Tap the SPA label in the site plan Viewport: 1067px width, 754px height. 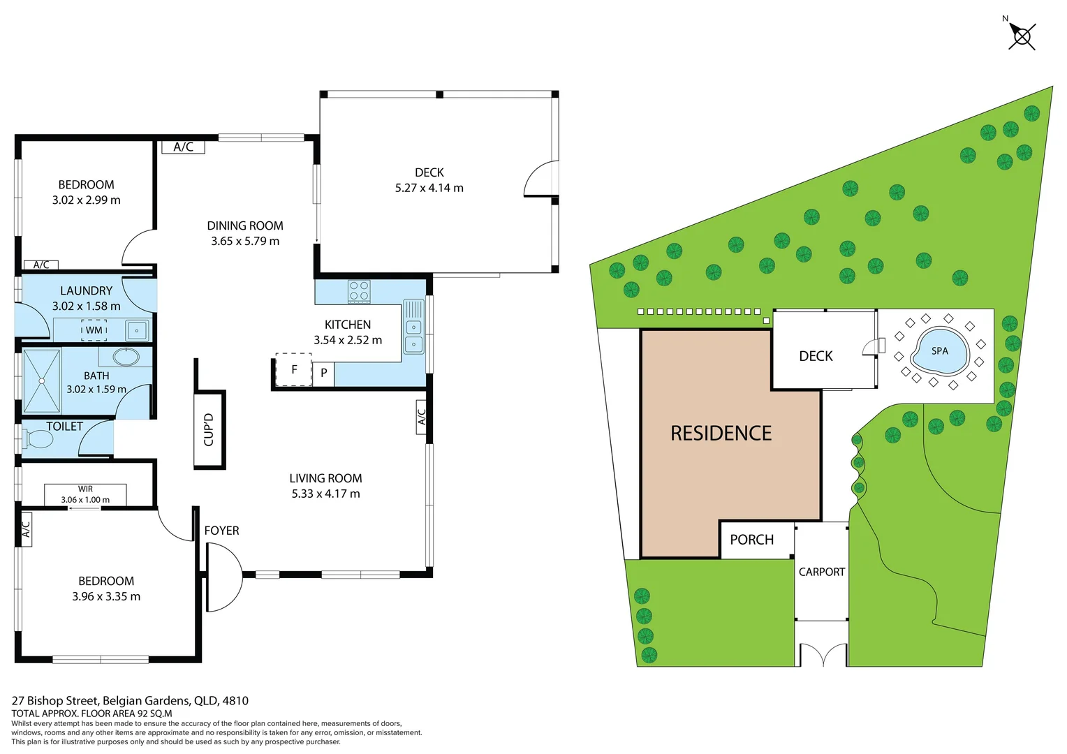click(x=940, y=351)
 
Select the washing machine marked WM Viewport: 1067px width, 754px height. click(x=94, y=330)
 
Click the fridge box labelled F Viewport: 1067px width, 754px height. click(x=294, y=369)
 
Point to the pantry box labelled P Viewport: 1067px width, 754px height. click(x=323, y=374)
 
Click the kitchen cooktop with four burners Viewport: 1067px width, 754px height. click(x=359, y=291)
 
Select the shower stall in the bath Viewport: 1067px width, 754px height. click(x=42, y=381)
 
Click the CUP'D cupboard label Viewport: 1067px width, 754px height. click(x=209, y=429)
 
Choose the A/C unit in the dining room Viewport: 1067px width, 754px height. click(x=183, y=147)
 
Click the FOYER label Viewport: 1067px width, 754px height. click(x=221, y=531)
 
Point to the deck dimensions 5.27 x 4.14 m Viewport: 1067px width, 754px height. click(x=429, y=188)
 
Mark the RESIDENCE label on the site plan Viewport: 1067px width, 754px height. click(x=721, y=434)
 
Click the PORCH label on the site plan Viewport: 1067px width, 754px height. click(x=751, y=540)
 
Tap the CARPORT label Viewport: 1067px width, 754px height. click(x=821, y=572)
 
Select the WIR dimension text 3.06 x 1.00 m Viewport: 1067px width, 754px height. click(x=85, y=500)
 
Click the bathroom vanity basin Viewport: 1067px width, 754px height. click(x=126, y=357)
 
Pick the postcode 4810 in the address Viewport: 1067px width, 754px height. click(x=235, y=700)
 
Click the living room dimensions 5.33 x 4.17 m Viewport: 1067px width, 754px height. click(x=325, y=494)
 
